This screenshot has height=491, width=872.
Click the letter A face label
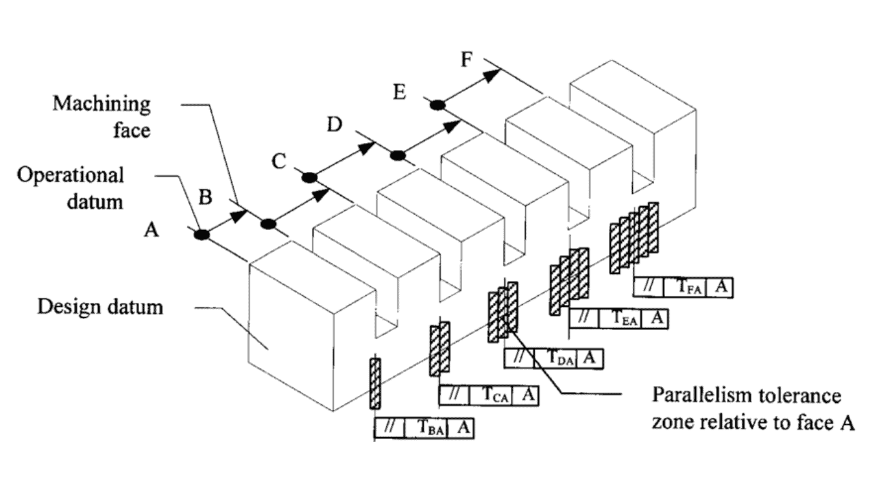pyautogui.click(x=151, y=231)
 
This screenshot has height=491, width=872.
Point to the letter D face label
pyautogui.click(x=334, y=125)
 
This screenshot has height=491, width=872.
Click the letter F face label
pyautogui.click(x=466, y=60)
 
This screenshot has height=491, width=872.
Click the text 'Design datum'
pyautogui.click(x=100, y=306)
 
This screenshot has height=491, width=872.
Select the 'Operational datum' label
pyautogui.click(x=71, y=188)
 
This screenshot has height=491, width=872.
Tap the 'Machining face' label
pyautogui.click(x=102, y=116)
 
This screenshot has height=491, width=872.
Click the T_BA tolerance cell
pyautogui.click(x=427, y=428)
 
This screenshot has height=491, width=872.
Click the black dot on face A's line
pyautogui.click(x=201, y=234)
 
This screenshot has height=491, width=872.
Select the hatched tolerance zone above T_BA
pyautogui.click(x=375, y=383)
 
